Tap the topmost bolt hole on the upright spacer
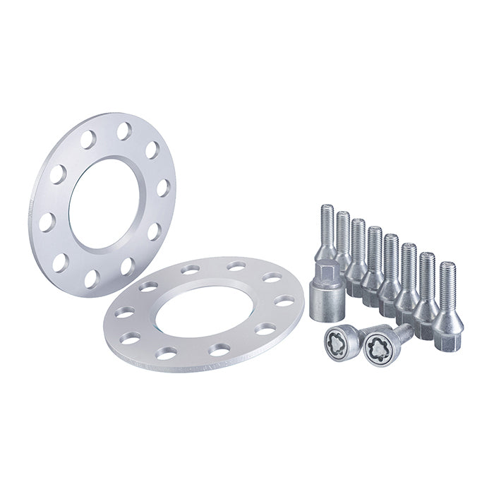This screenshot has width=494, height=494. (124, 131)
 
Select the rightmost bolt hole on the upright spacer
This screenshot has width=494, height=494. (163, 188)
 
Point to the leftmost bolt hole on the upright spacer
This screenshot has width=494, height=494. (47, 222)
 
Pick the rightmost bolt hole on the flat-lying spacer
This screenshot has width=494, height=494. (285, 301)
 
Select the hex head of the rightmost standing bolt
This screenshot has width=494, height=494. (447, 342)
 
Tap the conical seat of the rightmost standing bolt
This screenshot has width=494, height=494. (447, 321)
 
